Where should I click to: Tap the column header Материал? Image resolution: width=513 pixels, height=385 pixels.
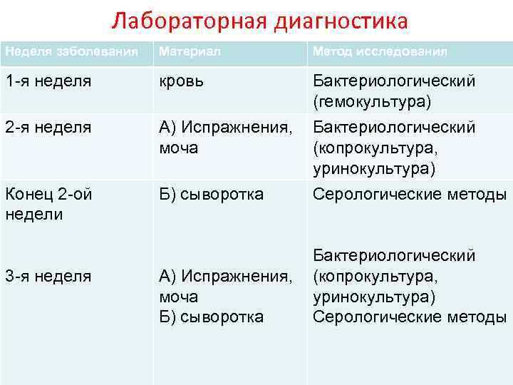point(190,52)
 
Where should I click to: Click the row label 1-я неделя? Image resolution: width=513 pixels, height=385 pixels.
point(48,81)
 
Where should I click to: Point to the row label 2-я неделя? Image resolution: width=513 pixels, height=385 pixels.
point(48,128)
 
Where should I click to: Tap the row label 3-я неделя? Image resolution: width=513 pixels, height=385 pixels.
point(48,276)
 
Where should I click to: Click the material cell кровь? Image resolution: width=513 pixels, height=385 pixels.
point(182,81)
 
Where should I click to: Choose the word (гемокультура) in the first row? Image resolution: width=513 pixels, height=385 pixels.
point(372,103)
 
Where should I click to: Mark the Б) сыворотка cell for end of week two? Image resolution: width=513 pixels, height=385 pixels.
point(212,194)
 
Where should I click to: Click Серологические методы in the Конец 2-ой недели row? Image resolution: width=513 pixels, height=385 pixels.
point(410,194)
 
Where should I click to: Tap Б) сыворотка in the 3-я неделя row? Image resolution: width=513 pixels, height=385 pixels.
point(212,317)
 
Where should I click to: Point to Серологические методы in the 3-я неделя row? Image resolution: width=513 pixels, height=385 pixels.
point(410,317)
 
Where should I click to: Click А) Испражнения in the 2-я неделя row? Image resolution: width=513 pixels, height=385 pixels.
point(226,128)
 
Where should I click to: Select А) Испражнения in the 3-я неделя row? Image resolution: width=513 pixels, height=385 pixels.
point(226,276)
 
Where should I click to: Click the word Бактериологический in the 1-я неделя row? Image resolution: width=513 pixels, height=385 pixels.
point(394,81)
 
